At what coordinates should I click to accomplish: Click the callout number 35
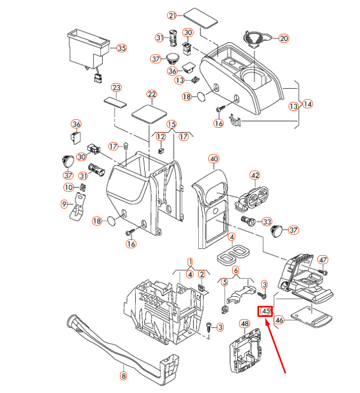pyautogui.click(x=122, y=48)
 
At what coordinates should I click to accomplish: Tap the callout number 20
pyautogui.click(x=284, y=39)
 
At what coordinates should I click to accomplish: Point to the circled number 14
pyautogui.click(x=307, y=104)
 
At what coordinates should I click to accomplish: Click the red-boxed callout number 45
pyautogui.click(x=265, y=311)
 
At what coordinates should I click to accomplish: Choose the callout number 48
pyautogui.click(x=244, y=323)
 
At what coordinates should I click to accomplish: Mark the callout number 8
pyautogui.click(x=124, y=376)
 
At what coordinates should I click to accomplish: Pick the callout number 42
pyautogui.click(x=255, y=175)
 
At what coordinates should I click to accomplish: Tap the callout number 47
pyautogui.click(x=322, y=259)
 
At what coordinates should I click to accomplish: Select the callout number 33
pyautogui.click(x=266, y=221)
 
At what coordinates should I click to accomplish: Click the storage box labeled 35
pyautogui.click(x=87, y=48)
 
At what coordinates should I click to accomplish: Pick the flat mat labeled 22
pyautogui.click(x=149, y=113)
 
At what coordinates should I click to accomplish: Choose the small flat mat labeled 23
pyautogui.click(x=115, y=101)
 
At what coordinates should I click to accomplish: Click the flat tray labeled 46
pyautogui.click(x=312, y=317)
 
